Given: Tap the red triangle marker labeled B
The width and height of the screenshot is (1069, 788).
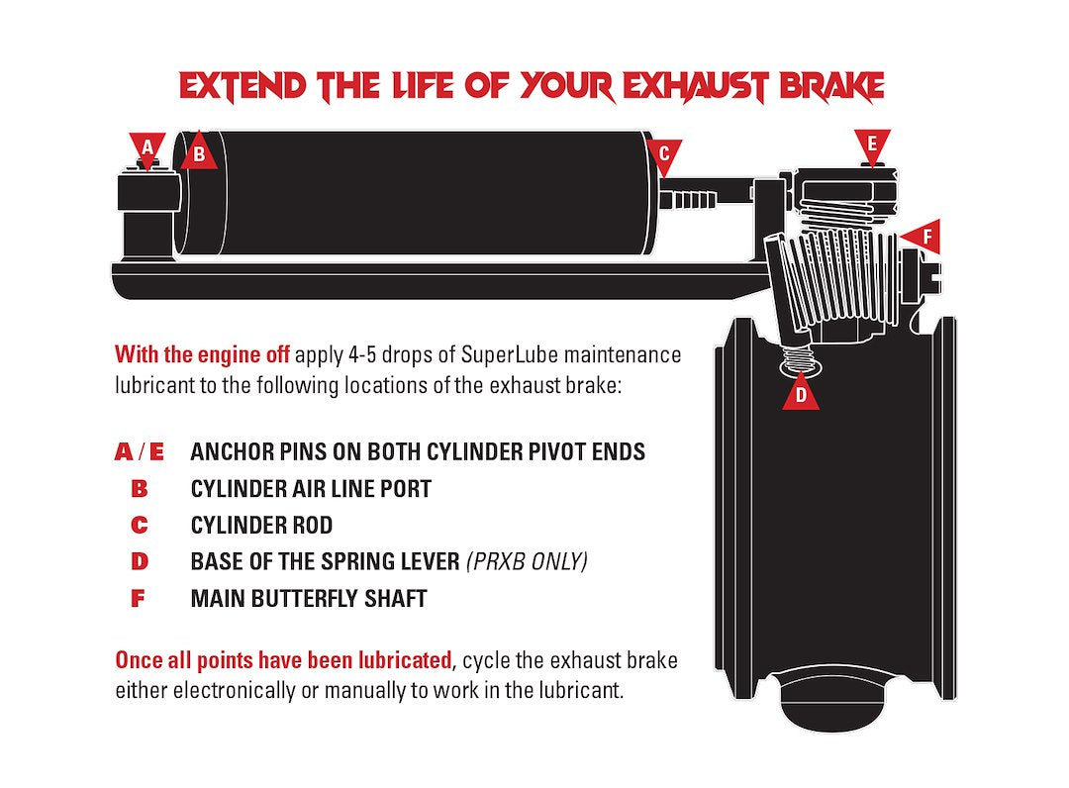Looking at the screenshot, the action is [x=198, y=152].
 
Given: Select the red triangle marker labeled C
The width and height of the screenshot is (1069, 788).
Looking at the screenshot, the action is [x=664, y=154].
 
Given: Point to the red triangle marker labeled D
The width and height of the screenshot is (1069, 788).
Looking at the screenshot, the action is [x=801, y=393].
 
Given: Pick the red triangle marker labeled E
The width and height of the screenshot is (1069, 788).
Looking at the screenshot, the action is [x=872, y=146].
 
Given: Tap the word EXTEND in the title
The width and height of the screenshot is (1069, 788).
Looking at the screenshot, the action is [x=243, y=86].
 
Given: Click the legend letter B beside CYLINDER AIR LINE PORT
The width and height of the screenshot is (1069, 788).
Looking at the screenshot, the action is [x=140, y=489].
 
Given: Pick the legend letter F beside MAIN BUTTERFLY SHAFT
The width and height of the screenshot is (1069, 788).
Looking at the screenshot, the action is [x=138, y=599].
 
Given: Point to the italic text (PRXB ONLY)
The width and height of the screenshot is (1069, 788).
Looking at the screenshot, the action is [x=527, y=561].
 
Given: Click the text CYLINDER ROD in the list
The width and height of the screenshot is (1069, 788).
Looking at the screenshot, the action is [x=261, y=526].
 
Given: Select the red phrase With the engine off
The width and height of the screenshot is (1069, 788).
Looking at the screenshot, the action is [x=203, y=354].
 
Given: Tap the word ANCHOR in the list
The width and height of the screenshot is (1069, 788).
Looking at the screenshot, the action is [x=230, y=452].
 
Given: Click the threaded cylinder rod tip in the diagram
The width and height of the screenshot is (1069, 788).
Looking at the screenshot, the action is [x=688, y=200].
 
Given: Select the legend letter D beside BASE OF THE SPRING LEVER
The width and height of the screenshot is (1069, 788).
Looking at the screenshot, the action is [x=140, y=561].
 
